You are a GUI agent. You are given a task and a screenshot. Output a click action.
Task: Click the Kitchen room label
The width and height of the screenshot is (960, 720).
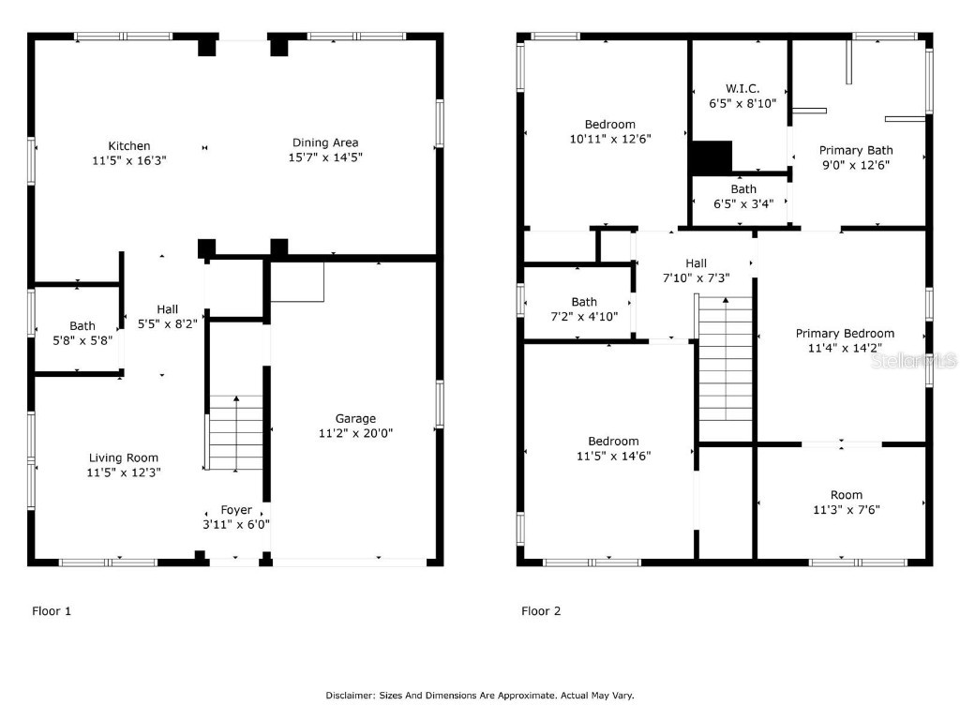point(129,145)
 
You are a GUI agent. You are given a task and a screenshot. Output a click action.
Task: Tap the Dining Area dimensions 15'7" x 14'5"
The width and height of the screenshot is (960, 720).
point(324,157)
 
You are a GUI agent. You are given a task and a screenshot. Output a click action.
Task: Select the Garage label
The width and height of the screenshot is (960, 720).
point(355,418)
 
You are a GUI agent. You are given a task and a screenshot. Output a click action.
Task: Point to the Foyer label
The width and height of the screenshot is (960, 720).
point(236,510)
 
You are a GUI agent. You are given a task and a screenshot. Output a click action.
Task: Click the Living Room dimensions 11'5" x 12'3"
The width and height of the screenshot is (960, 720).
point(124,473)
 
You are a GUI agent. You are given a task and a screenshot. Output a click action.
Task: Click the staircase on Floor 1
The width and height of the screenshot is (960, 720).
point(235,433)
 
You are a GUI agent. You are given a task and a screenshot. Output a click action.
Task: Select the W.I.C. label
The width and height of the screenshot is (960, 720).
point(742,88)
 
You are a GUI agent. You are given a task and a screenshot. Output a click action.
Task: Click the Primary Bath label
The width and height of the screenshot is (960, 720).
point(856,150)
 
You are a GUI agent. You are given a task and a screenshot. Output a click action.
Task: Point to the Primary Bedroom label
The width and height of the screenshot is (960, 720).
point(845,333)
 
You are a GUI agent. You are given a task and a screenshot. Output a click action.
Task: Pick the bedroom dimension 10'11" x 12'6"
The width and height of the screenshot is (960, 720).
point(610,138)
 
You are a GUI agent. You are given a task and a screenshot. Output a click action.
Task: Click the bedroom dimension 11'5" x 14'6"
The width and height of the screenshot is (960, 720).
point(613,456)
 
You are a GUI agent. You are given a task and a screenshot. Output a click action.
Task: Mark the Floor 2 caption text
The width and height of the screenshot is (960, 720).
point(541,611)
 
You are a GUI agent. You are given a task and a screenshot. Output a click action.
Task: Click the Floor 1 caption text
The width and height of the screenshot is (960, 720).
point(52,611)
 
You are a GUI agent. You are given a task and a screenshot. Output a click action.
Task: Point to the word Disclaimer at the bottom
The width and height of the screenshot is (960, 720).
point(350,696)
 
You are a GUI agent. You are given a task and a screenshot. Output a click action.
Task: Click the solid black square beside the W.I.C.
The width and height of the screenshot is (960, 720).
point(711,157)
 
